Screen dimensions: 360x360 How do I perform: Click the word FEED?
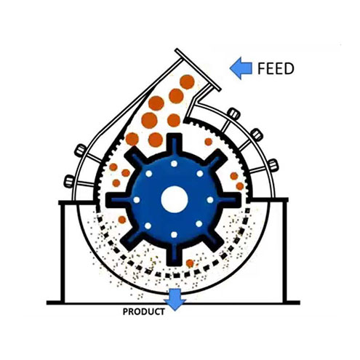pyautogui.click(x=276, y=68)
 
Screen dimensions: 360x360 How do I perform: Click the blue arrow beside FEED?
pyautogui.click(x=241, y=68)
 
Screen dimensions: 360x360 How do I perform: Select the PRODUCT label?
pyautogui.click(x=144, y=311)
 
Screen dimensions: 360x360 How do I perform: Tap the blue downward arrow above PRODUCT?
pyautogui.click(x=175, y=300)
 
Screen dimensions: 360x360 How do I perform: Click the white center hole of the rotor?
pyautogui.click(x=175, y=199)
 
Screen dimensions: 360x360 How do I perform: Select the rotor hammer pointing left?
pyautogui.click(x=118, y=200)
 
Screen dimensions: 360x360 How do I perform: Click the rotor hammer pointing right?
pyautogui.click(x=230, y=200)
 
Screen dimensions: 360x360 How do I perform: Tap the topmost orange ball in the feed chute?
pyautogui.click(x=187, y=82)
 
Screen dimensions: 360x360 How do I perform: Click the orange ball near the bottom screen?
pyautogui.click(x=190, y=263)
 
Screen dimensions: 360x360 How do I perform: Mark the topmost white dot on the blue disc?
pyautogui.click(x=174, y=164)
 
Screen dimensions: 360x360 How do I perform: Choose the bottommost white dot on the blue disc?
pyautogui.click(x=174, y=235)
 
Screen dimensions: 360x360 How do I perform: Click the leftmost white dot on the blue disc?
pyautogui.click(x=137, y=200)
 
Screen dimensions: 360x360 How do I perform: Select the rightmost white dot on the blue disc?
pyautogui.click(x=210, y=200)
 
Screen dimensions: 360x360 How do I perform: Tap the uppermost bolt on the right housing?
pyautogui.click(x=234, y=113)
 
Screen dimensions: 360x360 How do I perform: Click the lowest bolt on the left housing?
pyautogui.click(x=68, y=181)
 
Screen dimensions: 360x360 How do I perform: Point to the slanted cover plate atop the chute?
pyautogui.click(x=198, y=70)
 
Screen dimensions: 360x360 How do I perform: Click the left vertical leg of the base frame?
pyautogui.click(x=63, y=252)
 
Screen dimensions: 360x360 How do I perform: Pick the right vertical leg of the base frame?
pyautogui.click(x=284, y=252)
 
